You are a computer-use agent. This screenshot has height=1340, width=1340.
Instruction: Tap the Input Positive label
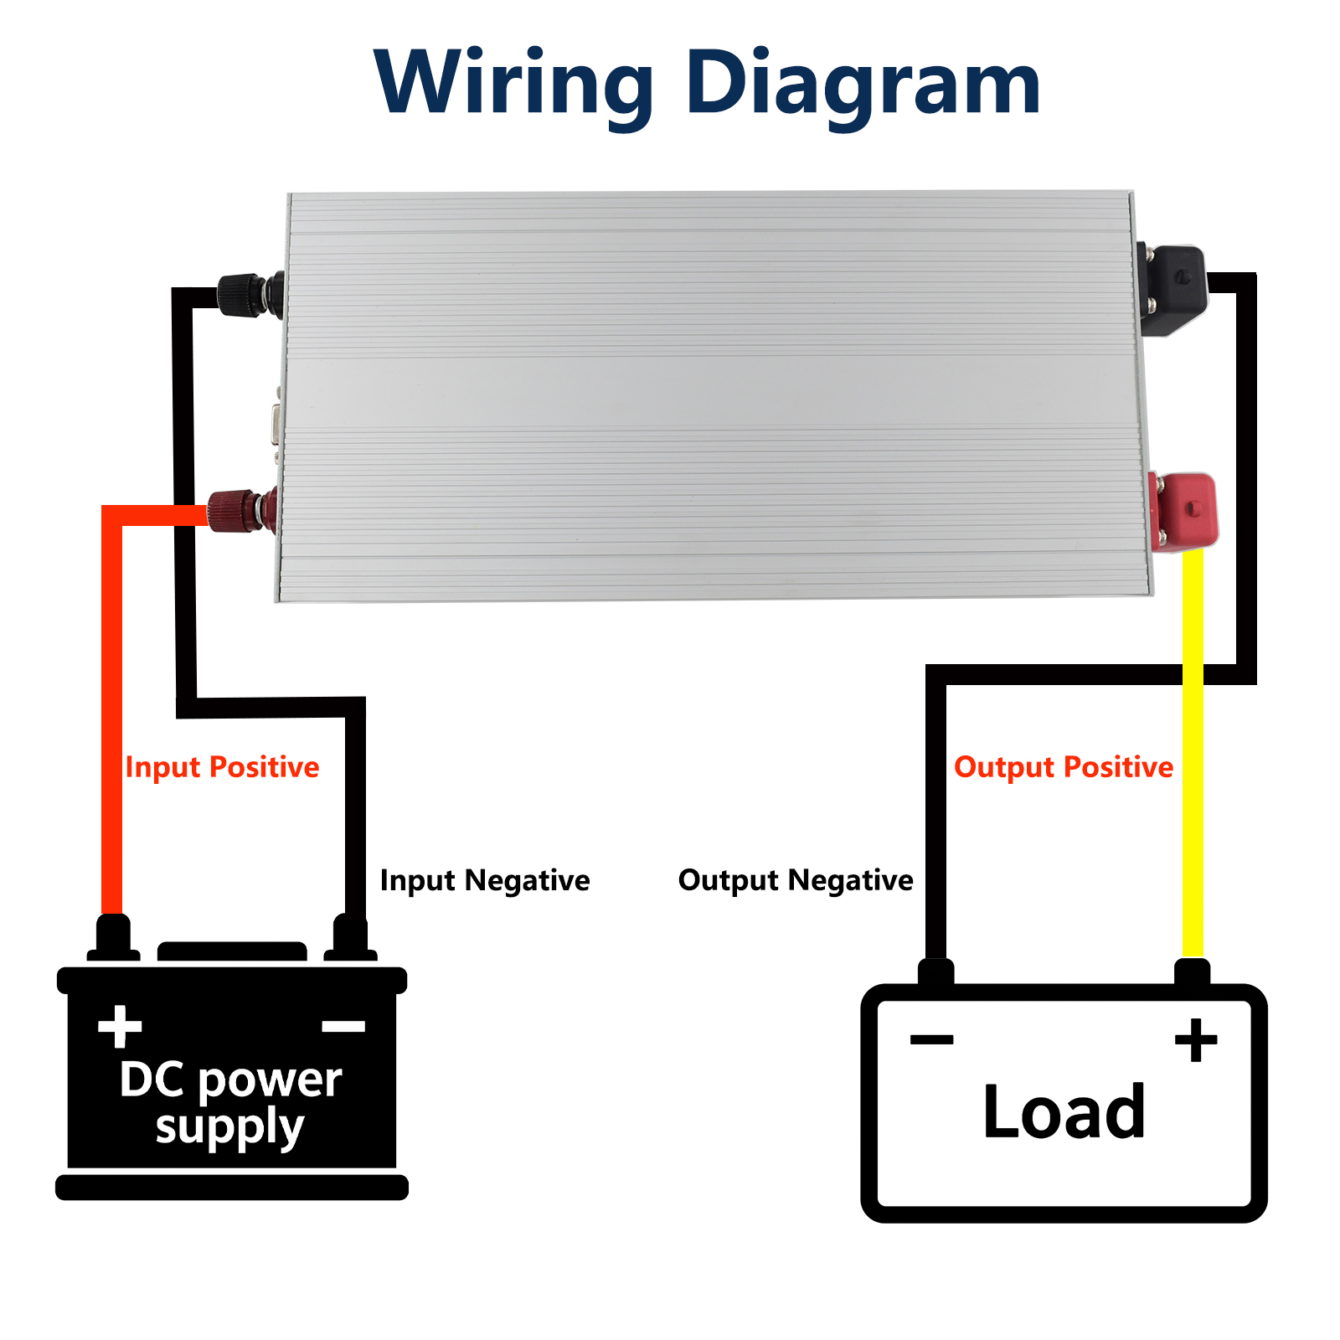click(222, 767)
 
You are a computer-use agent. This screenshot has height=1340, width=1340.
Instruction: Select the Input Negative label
click(485, 880)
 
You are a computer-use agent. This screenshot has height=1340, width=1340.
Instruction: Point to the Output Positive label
click(1064, 767)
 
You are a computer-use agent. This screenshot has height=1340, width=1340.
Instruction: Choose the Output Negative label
click(796, 880)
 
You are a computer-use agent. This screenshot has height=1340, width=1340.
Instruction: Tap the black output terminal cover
click(1178, 289)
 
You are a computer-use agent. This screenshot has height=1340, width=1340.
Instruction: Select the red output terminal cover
click(1184, 510)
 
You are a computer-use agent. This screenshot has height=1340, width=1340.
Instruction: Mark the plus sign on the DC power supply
click(120, 1026)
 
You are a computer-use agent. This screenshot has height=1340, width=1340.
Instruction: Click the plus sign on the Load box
click(1196, 1040)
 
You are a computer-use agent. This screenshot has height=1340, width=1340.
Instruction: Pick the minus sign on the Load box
click(931, 1040)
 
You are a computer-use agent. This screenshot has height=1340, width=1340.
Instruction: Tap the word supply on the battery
click(229, 1127)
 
